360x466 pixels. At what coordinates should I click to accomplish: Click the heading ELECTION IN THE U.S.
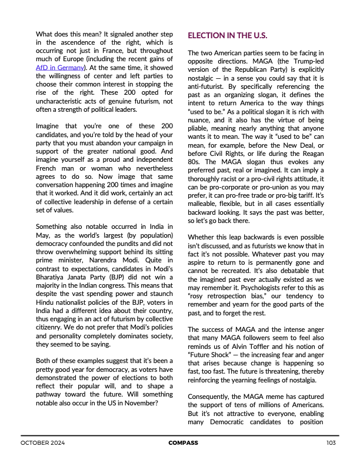point(227,36)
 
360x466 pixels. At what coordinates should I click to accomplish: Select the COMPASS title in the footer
point(183,442)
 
